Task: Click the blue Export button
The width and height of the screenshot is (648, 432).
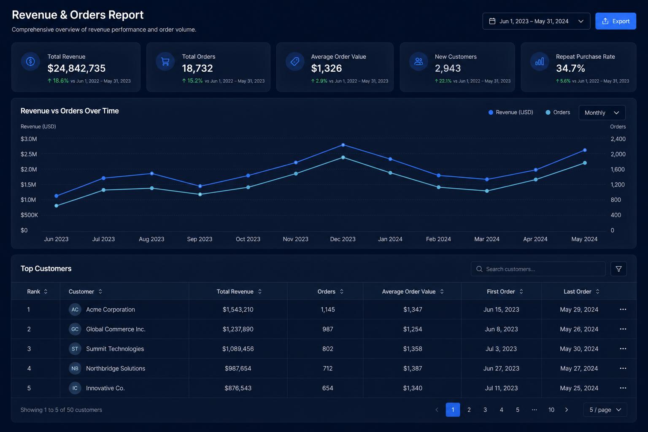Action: tap(616, 21)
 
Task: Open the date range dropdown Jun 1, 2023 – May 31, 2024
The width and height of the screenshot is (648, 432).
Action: tap(536, 21)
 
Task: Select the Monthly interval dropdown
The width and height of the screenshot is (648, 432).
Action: tap(602, 113)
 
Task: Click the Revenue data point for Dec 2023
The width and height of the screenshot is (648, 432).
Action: tap(343, 145)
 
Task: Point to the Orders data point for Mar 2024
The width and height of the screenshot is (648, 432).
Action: tap(487, 191)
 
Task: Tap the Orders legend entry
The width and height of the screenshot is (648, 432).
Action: tap(558, 112)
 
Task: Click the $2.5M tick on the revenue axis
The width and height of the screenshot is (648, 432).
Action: tap(29, 154)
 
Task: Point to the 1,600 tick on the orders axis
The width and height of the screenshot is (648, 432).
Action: tap(617, 169)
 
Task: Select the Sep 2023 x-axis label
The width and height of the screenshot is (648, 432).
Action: tap(200, 239)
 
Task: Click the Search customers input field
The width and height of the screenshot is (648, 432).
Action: tap(538, 269)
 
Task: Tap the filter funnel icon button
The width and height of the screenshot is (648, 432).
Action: tap(618, 269)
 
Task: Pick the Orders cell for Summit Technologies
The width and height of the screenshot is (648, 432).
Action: tap(327, 348)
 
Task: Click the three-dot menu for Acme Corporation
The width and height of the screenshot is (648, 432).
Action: tap(623, 309)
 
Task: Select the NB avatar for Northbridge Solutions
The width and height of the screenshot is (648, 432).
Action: tap(75, 368)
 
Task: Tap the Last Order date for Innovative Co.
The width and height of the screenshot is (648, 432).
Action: tap(579, 388)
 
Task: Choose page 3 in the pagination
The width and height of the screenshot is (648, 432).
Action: tap(485, 410)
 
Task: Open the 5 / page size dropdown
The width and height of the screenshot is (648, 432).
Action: tap(605, 410)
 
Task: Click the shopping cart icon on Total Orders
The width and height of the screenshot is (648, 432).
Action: tap(165, 62)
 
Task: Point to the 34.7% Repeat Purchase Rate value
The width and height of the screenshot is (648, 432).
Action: tap(570, 68)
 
